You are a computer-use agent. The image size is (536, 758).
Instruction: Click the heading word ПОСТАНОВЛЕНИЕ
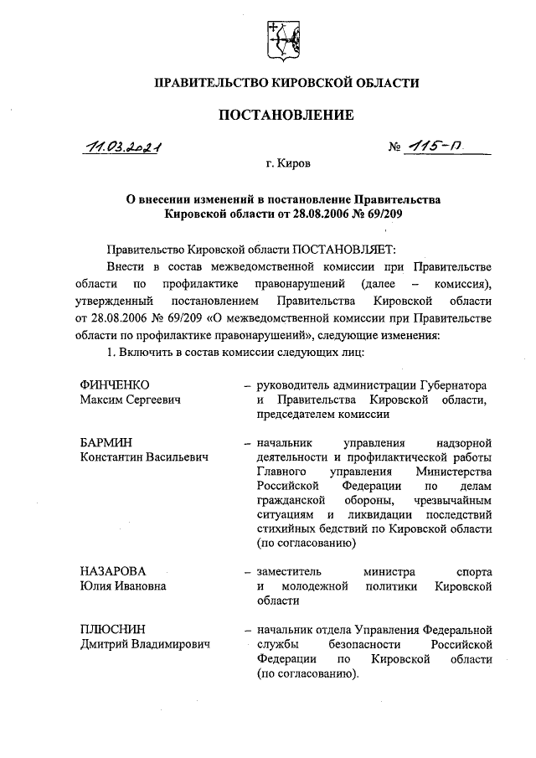click(x=286, y=114)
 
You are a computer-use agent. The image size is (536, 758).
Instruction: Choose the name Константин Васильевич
click(x=144, y=456)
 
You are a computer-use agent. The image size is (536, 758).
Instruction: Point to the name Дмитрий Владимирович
click(x=145, y=644)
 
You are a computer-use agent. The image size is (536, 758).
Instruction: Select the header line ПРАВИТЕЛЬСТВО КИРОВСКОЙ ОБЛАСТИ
click(x=286, y=82)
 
